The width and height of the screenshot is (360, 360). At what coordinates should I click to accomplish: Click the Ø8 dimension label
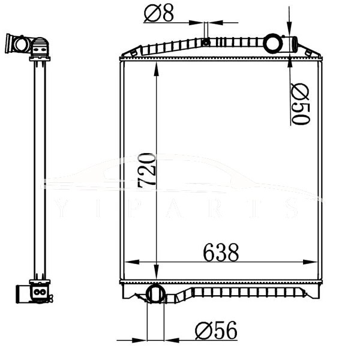(x=159, y=13)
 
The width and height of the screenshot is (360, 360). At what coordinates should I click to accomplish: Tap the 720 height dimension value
(x=147, y=171)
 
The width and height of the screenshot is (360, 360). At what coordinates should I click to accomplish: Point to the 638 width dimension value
(x=221, y=253)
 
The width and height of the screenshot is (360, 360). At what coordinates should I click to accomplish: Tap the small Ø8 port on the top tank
(x=206, y=42)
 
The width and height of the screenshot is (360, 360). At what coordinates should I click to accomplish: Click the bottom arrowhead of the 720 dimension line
(x=157, y=275)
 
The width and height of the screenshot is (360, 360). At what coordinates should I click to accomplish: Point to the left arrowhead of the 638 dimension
(x=127, y=263)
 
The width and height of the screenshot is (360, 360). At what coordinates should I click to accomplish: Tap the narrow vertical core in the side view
(x=40, y=168)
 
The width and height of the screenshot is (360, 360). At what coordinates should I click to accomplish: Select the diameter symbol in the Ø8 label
(x=152, y=13)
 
